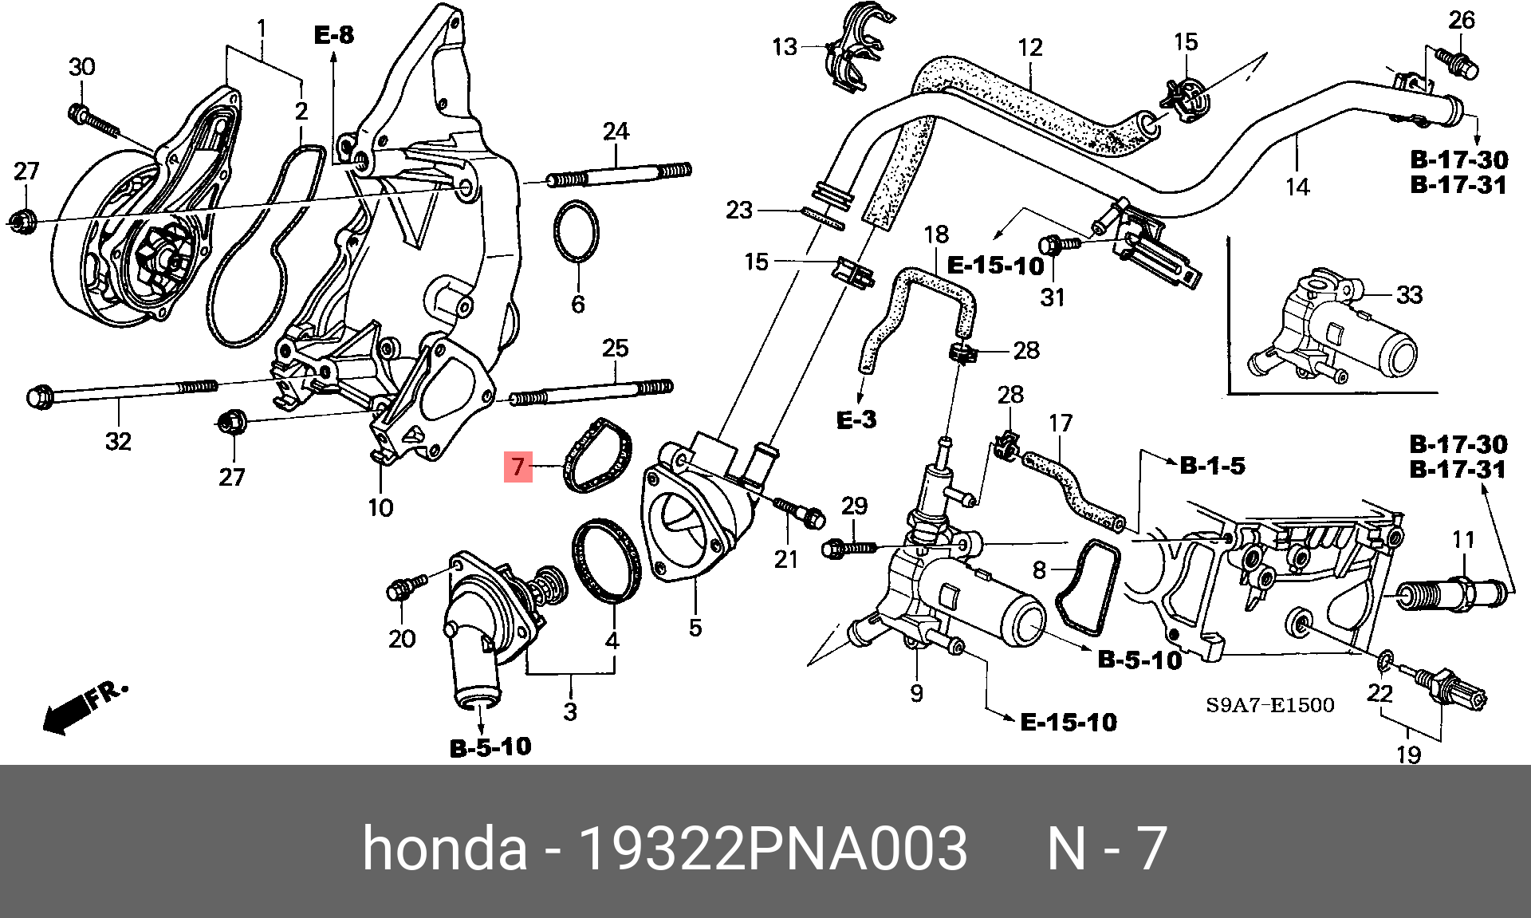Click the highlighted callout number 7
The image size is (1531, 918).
click(x=518, y=466)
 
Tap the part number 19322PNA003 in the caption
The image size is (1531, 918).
click(x=774, y=849)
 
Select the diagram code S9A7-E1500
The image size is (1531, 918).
click(x=1269, y=705)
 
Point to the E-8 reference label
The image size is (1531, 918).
click(x=333, y=35)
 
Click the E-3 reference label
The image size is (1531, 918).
click(x=856, y=420)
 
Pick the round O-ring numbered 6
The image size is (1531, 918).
click(x=577, y=231)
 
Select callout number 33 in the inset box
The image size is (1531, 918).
click(x=1409, y=295)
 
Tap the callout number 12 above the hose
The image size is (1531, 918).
click(x=1029, y=47)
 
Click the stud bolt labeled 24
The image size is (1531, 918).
click(x=618, y=175)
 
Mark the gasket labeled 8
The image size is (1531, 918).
click(x=1085, y=589)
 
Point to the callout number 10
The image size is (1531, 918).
click(x=380, y=507)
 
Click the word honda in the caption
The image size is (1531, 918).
click(x=444, y=849)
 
